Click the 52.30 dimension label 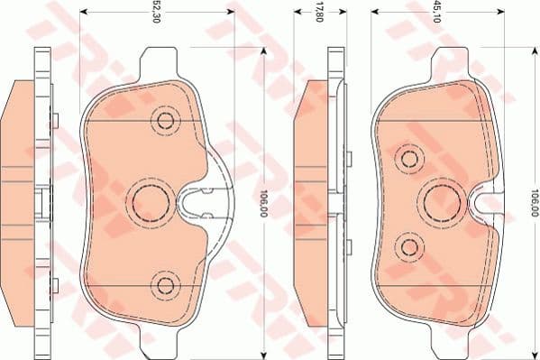pyautogui.click(x=157, y=13)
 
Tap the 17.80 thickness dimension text pyautogui.click(x=317, y=13)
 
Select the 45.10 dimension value pyautogui.click(x=436, y=13)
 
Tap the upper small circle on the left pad pyautogui.click(x=164, y=120)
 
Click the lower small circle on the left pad pyautogui.click(x=164, y=285)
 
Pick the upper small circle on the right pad pyautogui.click(x=410, y=160)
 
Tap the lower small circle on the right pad pyautogui.click(x=410, y=246)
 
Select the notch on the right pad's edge pyautogui.click(x=488, y=203)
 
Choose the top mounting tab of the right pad pyautogui.click(x=451, y=64)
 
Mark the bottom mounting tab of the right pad pyautogui.click(x=451, y=342)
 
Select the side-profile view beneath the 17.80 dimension pyautogui.click(x=321, y=203)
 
